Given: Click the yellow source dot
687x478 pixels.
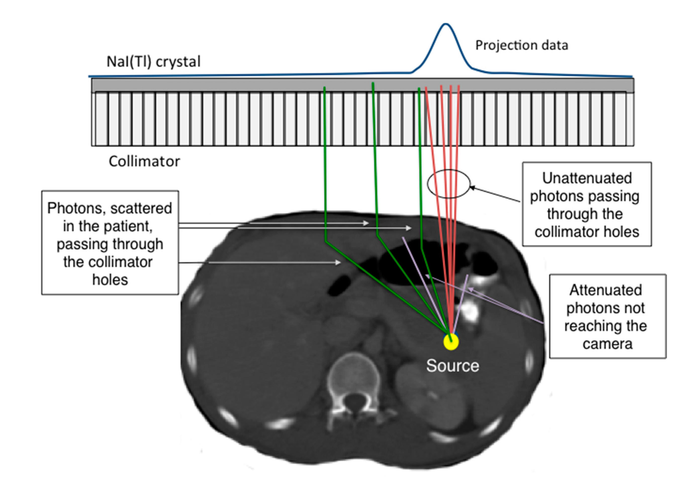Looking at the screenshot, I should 451,341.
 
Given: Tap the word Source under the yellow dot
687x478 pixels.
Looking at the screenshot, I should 452,366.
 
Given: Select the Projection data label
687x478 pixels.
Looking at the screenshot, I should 522,46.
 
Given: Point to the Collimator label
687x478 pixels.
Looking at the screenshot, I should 144,162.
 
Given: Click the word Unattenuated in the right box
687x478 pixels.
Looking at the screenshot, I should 587,178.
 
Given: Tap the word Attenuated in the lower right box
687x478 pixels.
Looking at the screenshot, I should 605,290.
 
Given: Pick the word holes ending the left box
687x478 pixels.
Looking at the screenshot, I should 110,280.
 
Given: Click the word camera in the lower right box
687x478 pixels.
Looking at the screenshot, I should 607,344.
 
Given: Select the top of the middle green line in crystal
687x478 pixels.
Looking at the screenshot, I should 373,83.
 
